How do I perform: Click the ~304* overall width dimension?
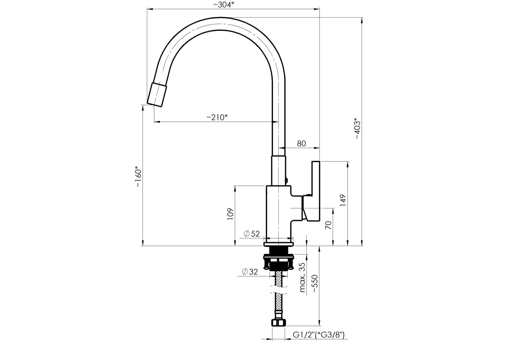[223, 5]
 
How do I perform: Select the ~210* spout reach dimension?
[218, 117]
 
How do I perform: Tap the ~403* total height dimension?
[357, 129]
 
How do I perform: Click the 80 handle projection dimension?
[301, 144]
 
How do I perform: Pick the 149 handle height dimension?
[343, 200]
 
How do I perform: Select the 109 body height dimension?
[230, 214]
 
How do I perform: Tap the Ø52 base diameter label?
[252, 234]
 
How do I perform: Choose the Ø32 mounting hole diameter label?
[250, 272]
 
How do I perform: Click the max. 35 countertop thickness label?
[302, 277]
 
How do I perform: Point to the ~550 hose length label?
[315, 283]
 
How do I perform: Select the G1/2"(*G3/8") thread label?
[319, 335]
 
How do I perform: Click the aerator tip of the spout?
[157, 94]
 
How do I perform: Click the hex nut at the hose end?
[278, 323]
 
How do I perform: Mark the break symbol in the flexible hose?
[278, 290]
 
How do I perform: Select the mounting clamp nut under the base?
[278, 262]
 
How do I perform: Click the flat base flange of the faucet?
[278, 244]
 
